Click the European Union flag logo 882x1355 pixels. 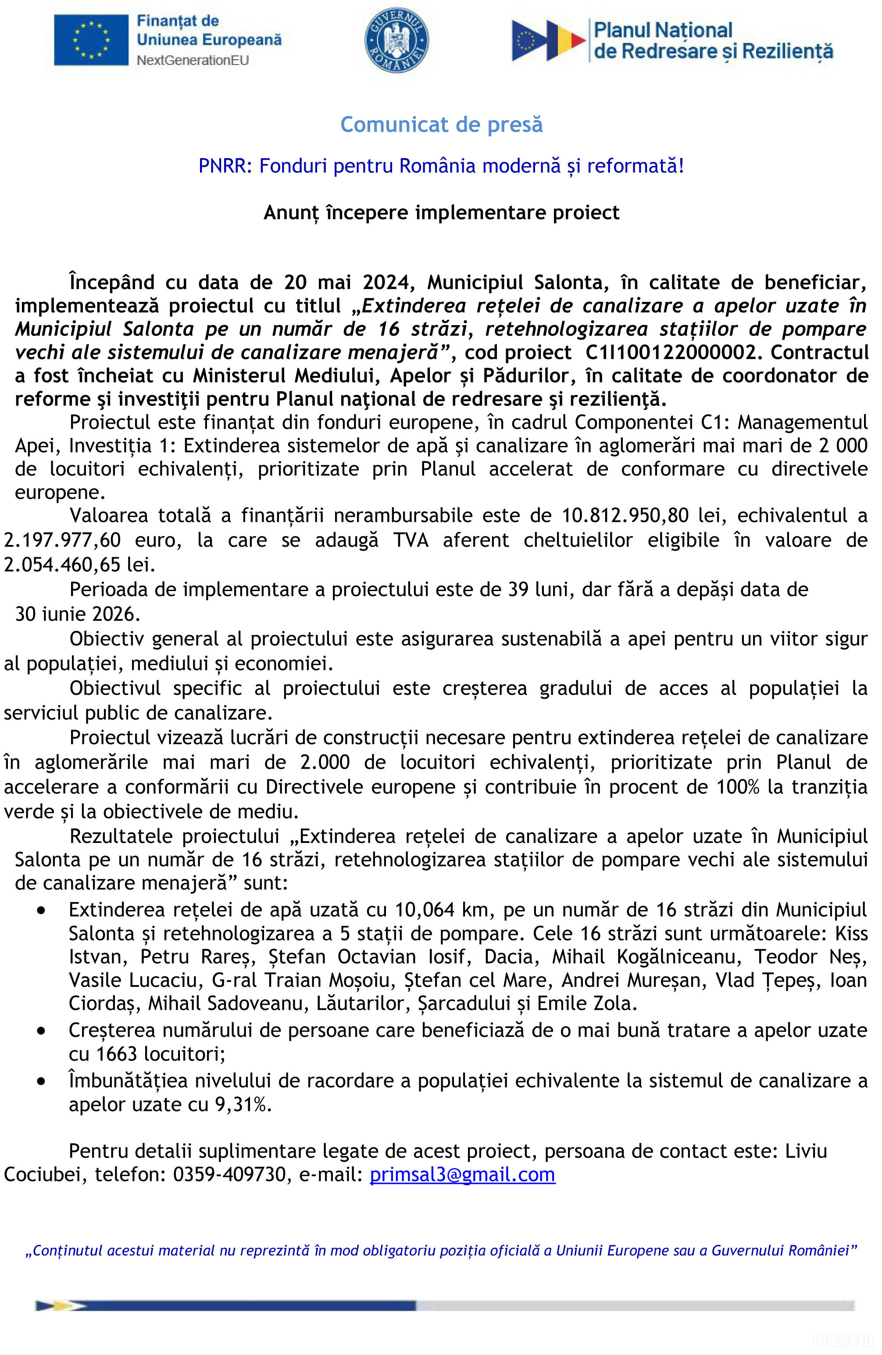91,40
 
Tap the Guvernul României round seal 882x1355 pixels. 396,40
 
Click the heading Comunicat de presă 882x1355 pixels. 441,124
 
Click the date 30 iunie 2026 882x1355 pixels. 77,614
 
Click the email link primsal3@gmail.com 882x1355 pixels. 462,1175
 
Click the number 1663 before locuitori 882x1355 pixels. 117,1054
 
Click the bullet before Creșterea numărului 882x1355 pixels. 41,1030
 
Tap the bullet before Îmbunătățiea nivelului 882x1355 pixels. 41,1081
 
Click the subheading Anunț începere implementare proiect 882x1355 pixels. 441,212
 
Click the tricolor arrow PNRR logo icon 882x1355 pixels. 547,40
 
